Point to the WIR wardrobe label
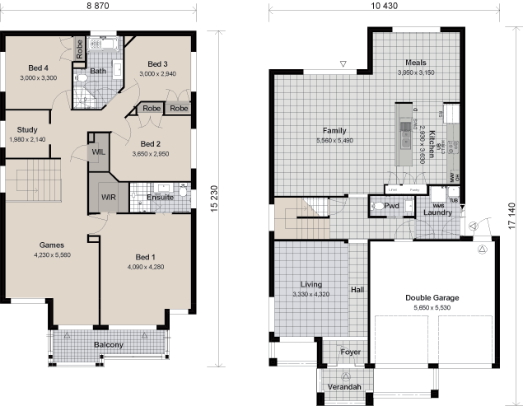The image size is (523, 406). (x=109, y=198)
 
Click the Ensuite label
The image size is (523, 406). (x=160, y=198)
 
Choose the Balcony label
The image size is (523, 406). (x=109, y=344)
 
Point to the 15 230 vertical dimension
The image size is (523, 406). (x=214, y=198)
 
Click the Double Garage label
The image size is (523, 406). (x=432, y=298)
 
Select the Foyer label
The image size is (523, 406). (x=351, y=352)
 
